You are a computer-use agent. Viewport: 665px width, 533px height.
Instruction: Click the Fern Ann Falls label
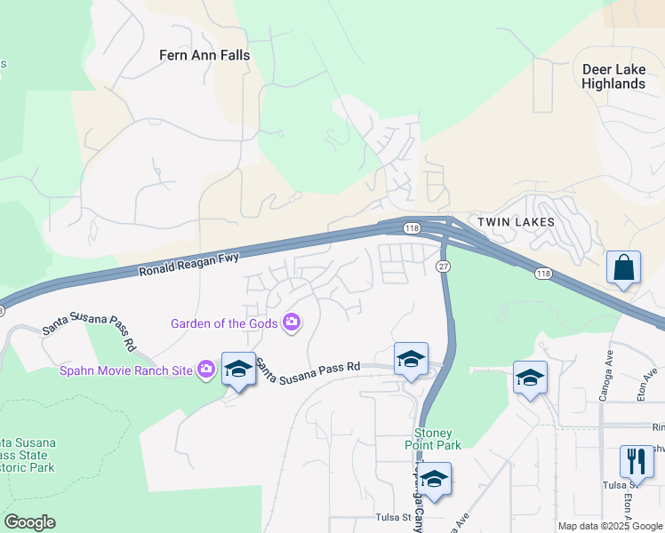click(x=204, y=55)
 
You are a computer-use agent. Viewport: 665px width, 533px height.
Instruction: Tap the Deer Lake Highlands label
click(x=613, y=76)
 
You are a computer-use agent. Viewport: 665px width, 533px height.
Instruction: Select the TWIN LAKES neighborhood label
click(x=516, y=222)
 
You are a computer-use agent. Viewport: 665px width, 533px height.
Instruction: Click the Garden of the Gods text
click(x=226, y=322)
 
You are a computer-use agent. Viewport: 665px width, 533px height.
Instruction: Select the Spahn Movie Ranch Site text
click(x=126, y=369)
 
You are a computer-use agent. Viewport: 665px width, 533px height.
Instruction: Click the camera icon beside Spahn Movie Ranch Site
click(x=206, y=369)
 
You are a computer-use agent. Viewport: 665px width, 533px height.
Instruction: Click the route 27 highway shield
click(x=442, y=266)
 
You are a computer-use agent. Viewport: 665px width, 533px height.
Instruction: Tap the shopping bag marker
click(x=623, y=267)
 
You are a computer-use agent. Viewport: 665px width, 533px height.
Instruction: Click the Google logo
click(x=28, y=522)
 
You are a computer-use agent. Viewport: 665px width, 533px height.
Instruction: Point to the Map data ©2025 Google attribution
click(x=610, y=526)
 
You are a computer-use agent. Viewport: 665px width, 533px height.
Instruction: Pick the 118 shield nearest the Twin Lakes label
click(x=411, y=228)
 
